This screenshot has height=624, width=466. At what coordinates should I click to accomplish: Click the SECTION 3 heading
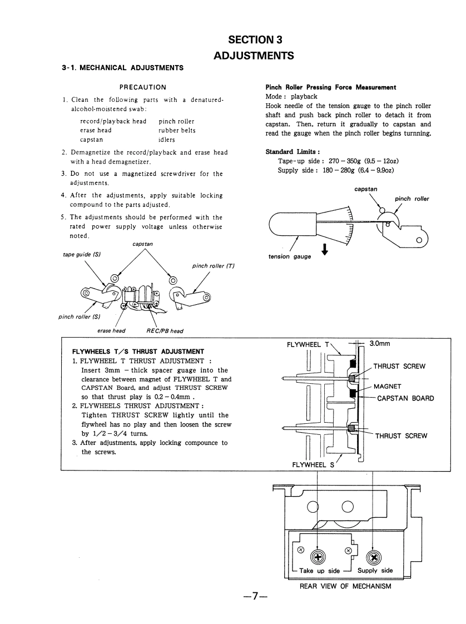(x=255, y=39)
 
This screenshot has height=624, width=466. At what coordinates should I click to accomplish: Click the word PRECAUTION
(x=143, y=87)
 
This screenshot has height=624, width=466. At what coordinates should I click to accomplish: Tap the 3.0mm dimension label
(x=380, y=344)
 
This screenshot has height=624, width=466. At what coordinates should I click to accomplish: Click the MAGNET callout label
(x=387, y=386)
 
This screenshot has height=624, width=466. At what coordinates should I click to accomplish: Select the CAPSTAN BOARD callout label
(x=405, y=398)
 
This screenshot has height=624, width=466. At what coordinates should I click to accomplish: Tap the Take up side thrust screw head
(x=318, y=557)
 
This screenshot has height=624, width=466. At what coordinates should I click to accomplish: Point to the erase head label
(x=111, y=330)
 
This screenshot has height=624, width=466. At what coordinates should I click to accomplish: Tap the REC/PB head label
(x=165, y=330)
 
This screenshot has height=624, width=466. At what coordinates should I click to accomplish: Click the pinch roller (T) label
(x=214, y=266)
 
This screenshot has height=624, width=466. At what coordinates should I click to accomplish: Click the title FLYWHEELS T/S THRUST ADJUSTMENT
(x=138, y=351)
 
